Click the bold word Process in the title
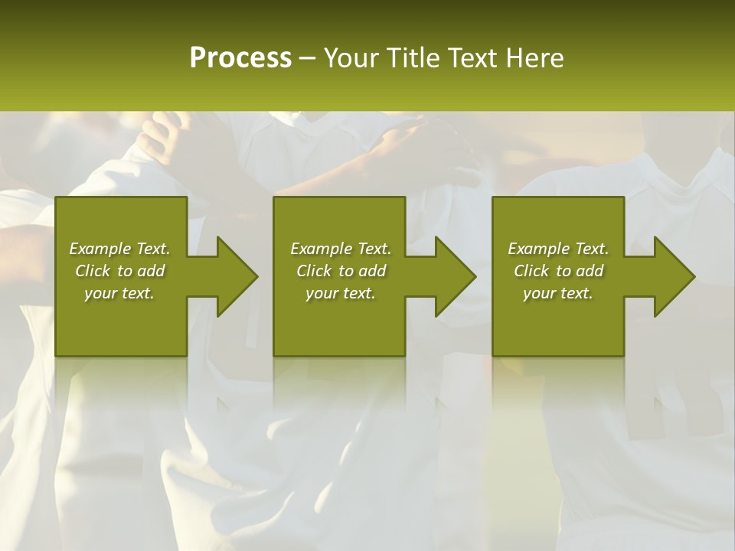tap(240, 58)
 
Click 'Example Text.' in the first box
tap(119, 249)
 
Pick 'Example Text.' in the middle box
tap(341, 249)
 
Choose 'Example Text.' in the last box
tap(558, 249)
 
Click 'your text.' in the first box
tap(119, 293)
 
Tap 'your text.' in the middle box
tap(341, 293)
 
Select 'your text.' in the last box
tap(558, 293)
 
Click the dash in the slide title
tap(308, 59)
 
